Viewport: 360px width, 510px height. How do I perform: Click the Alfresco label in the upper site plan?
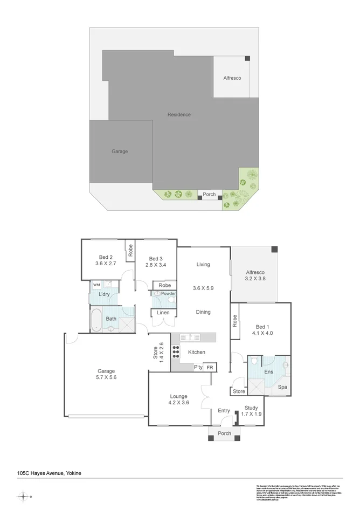[x=232, y=78]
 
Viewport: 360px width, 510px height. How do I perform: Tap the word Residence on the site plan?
[x=179, y=114]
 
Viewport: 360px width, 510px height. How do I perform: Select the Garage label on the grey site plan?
[x=120, y=151]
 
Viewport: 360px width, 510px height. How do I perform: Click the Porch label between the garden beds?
[x=209, y=195]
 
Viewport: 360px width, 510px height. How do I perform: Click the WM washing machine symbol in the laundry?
[x=97, y=284]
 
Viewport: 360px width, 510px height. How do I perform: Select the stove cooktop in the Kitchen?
[x=176, y=352]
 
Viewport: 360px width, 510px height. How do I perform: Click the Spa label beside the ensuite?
[x=282, y=387]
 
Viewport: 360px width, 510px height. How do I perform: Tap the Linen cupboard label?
[x=163, y=313]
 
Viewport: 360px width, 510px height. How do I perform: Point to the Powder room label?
[x=168, y=294]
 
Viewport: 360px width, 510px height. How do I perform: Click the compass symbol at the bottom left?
[x=23, y=497]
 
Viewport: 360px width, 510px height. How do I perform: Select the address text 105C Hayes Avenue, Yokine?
[x=49, y=473]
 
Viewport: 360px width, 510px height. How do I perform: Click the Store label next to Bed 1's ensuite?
[x=238, y=391]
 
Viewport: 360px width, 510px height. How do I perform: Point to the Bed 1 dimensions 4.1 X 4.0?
[x=261, y=333]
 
